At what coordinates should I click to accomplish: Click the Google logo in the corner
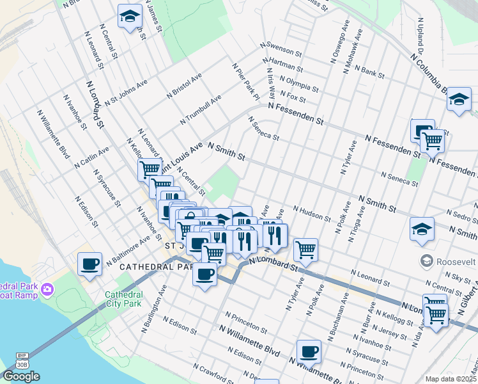pyautogui.click(x=21, y=376)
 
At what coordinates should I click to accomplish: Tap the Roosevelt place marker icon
pyautogui.click(x=426, y=260)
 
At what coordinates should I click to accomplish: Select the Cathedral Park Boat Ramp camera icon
pyautogui.click(x=47, y=291)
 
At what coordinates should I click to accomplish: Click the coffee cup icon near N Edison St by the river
pyautogui.click(x=89, y=263)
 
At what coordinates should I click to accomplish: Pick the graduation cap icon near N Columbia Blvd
pyautogui.click(x=458, y=99)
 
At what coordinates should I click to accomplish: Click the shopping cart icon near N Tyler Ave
pyautogui.click(x=306, y=249)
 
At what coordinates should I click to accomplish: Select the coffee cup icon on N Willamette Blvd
pyautogui.click(x=309, y=351)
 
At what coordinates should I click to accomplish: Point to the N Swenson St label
pyautogui.click(x=280, y=49)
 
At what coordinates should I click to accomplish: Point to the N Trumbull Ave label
pyautogui.click(x=201, y=109)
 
